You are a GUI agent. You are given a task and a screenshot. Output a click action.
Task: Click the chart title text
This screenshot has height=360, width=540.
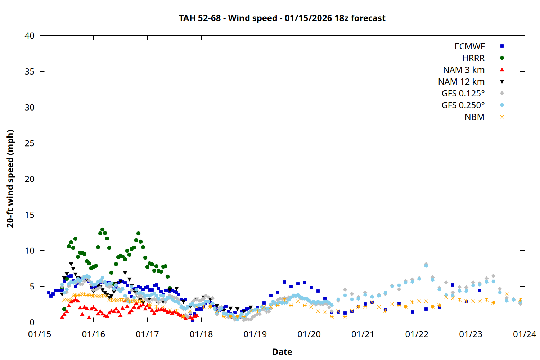tap(282, 18)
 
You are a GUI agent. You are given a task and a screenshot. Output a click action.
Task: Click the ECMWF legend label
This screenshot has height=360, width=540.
tap(469, 46)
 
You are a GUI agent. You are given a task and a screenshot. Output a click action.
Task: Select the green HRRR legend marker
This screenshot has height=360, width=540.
tap(502, 58)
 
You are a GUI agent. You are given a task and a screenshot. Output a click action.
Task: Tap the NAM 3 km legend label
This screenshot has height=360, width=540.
tap(464, 70)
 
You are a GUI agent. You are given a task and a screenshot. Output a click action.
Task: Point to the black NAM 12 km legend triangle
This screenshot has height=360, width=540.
tap(502, 82)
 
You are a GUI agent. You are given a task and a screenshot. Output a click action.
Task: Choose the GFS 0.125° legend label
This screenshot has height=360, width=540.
tap(463, 94)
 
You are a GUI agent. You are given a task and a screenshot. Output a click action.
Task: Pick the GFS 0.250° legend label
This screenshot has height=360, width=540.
tap(463, 105)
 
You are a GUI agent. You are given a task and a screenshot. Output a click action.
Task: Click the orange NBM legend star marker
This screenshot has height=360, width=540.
tap(502, 117)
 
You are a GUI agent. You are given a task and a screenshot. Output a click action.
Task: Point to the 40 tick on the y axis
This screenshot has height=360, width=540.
tap(30, 36)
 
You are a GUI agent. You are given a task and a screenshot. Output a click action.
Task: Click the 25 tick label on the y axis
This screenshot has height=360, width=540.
tap(30, 143)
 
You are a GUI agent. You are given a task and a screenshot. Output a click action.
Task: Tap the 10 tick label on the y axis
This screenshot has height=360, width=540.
tap(30, 251)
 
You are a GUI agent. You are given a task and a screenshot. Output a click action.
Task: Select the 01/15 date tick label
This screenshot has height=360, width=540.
tap(40, 334)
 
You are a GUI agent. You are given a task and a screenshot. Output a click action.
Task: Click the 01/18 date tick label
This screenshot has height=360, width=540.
tap(201, 334)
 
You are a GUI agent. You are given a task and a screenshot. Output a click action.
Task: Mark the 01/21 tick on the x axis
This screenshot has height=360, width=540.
tap(363, 334)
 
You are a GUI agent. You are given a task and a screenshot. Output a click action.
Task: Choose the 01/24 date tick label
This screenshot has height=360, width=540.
tap(524, 334)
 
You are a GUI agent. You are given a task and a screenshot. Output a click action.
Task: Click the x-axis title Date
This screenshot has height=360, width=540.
tap(282, 352)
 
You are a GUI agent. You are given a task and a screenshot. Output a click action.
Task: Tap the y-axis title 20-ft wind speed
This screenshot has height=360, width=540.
tap(10, 179)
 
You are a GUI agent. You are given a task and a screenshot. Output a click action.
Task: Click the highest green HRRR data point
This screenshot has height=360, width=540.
tap(102, 229)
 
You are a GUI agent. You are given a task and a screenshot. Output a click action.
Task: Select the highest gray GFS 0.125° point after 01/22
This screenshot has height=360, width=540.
tap(426, 264)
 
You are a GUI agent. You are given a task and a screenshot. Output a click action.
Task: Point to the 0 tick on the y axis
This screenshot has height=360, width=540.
tap(32, 322)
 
